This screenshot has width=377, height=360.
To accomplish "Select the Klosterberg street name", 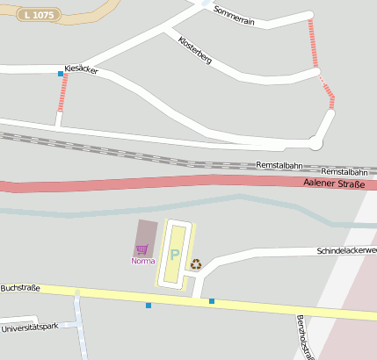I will (x=194, y=49).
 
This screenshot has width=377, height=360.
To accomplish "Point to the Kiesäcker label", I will (x=81, y=69).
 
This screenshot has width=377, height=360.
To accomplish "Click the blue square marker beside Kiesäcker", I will (x=61, y=74).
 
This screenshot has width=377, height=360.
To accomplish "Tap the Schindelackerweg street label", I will (x=346, y=251).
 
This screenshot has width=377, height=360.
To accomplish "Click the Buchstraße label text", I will (x=20, y=287).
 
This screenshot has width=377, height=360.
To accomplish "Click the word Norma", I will (x=142, y=261).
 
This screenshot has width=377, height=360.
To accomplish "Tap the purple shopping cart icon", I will (x=141, y=249).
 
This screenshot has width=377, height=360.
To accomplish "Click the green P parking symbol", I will (x=174, y=256).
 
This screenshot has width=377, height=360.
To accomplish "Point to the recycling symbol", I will (x=196, y=263).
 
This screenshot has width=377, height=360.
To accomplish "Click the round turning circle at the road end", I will (x=315, y=142).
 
